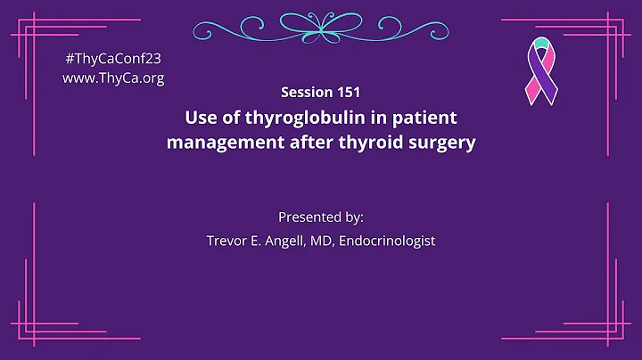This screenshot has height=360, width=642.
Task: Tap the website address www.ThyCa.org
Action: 113,77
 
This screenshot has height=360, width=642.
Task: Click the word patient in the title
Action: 427,118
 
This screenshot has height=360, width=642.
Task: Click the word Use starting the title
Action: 201,118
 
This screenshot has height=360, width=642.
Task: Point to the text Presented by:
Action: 320,217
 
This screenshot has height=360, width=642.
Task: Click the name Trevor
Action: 227,241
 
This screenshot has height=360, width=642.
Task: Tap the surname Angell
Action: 286,241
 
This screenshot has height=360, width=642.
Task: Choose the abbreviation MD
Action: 325,241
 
